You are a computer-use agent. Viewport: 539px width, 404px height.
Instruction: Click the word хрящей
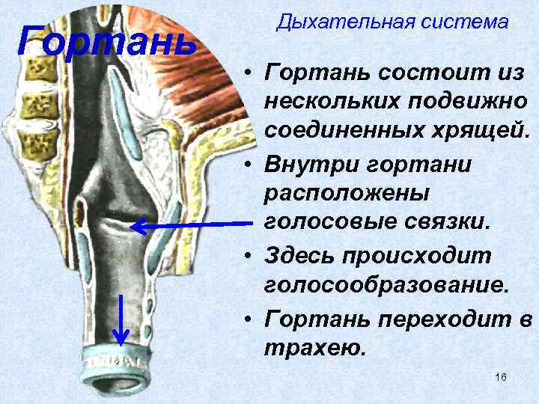tap(482, 131)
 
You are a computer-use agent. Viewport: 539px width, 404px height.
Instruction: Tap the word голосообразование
tap(386, 286)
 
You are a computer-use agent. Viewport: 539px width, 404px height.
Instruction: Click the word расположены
tap(347, 192)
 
